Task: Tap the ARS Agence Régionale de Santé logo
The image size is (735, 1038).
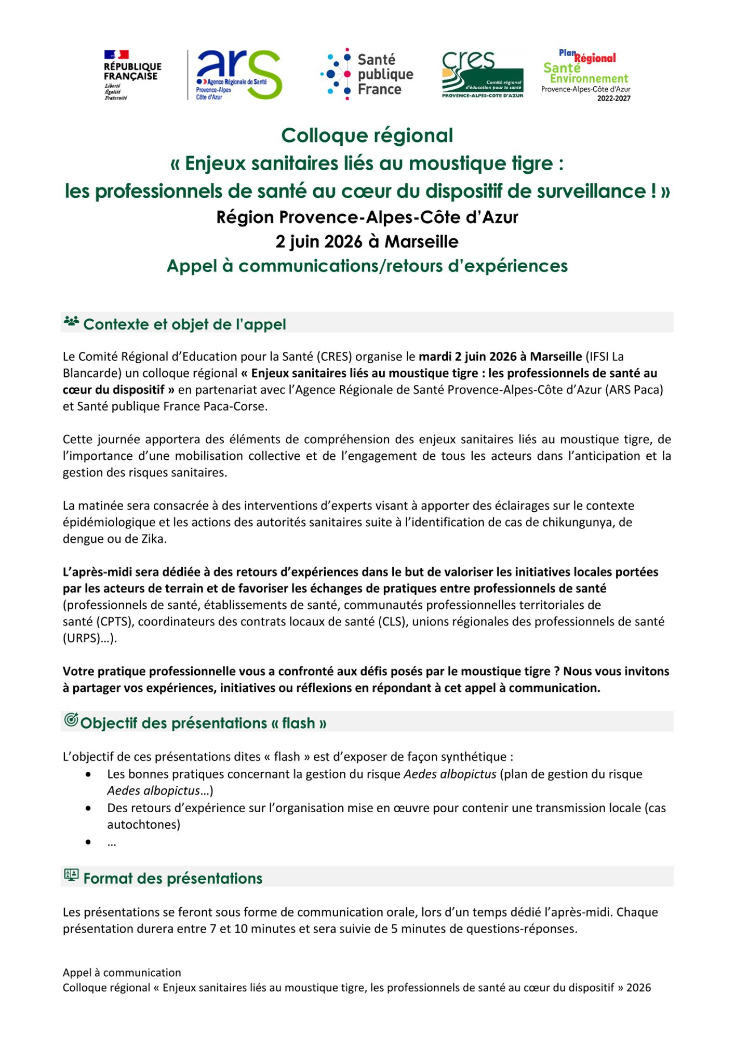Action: [x=238, y=75]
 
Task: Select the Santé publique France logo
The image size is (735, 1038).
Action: [x=367, y=74]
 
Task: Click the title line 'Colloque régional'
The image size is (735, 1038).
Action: [x=367, y=135]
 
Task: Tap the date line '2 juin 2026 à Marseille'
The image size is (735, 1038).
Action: [x=367, y=242]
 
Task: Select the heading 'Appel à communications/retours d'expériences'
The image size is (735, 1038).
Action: [x=367, y=266]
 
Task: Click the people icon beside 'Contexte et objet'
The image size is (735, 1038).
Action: [x=71, y=322]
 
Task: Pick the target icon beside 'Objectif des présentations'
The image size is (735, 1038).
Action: [x=71, y=720]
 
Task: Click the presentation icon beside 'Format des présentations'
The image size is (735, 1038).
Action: [x=71, y=875]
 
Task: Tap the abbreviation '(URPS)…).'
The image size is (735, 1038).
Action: [x=90, y=638]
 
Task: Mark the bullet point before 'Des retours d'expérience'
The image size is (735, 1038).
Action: [x=89, y=809]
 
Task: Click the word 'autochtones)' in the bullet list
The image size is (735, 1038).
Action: [x=143, y=825]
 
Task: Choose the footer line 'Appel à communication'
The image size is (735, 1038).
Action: [x=122, y=973]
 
